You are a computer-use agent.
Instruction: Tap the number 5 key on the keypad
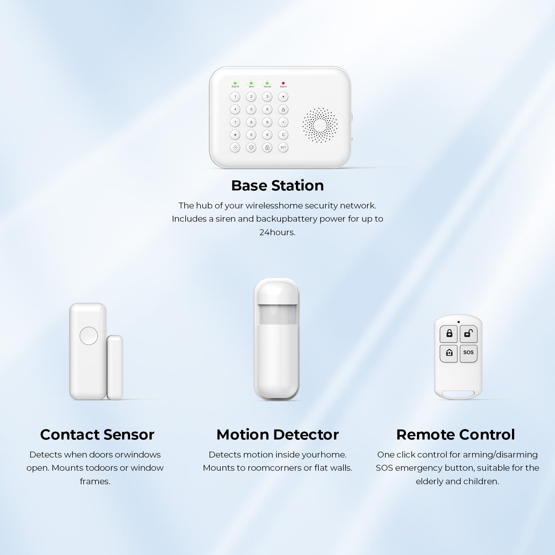tap(251, 109)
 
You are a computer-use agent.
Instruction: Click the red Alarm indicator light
tap(283, 83)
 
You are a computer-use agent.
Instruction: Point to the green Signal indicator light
tap(235, 83)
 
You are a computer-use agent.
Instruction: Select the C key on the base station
tap(283, 135)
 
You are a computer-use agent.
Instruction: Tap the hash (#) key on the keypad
tap(267, 135)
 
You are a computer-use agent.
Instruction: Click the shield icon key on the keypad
tap(251, 147)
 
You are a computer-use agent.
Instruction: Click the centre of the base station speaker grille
tap(320, 125)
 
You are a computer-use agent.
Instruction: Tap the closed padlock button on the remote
tap(449, 334)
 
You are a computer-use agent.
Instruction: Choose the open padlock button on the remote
tap(469, 334)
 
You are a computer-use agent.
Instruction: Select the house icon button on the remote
tap(449, 353)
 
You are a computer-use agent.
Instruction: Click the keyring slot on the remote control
tap(459, 394)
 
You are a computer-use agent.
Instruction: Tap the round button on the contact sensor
tap(89, 335)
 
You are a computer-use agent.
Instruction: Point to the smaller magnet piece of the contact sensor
tap(115, 367)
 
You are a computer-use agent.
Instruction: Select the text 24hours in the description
tap(277, 232)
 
